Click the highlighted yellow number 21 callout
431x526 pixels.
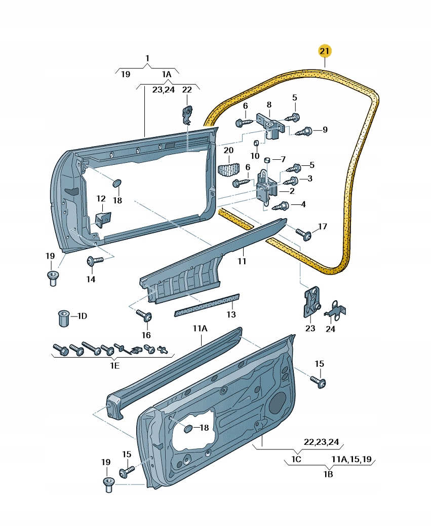325,51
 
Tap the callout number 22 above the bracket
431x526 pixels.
187,89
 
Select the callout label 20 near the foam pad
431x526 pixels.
228,151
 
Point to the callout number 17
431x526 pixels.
323,226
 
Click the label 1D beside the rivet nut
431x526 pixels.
82,316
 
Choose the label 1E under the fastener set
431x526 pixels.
114,365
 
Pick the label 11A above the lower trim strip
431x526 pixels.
200,329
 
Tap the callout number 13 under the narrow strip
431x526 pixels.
231,314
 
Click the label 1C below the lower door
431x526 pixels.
296,460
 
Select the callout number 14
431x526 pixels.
90,279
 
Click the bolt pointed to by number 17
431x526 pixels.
305,234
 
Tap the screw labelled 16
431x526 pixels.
145,316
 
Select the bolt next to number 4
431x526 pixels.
283,206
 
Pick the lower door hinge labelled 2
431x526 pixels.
267,188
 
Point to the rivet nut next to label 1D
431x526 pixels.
63,318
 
